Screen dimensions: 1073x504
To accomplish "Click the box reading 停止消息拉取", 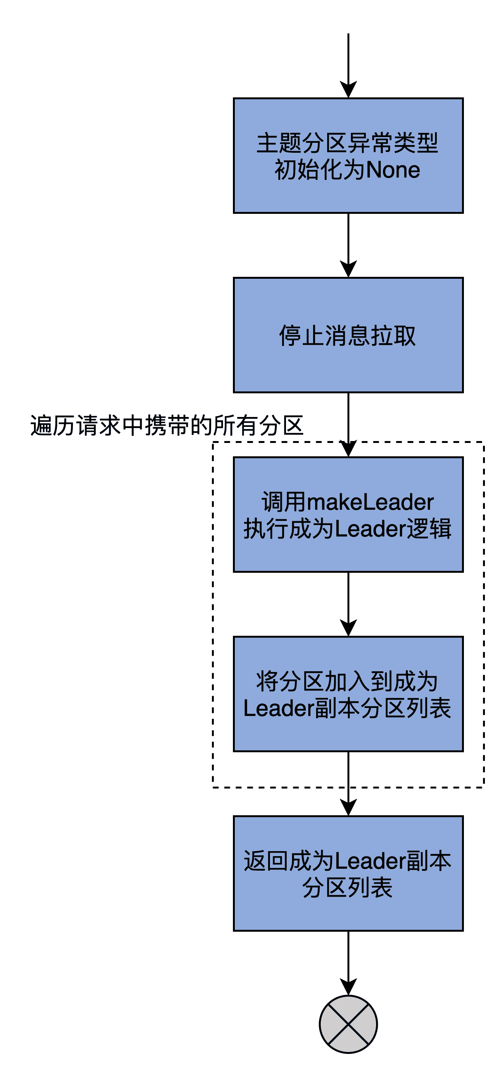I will coord(348,335).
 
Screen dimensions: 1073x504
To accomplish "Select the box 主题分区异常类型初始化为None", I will coord(348,155).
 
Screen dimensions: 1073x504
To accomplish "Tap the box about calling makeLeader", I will coord(348,514).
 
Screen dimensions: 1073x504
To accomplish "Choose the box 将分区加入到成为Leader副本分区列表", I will coord(348,694).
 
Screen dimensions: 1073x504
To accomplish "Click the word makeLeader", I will coord(370,502).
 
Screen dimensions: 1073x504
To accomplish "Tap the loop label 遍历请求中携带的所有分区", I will coord(166,425).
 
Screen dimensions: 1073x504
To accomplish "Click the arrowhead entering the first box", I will coord(348,90).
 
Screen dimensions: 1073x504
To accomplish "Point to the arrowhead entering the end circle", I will coord(348,987).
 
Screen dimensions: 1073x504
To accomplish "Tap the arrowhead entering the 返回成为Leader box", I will coord(348,808).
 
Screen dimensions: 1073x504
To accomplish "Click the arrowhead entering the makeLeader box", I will coord(348,449).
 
